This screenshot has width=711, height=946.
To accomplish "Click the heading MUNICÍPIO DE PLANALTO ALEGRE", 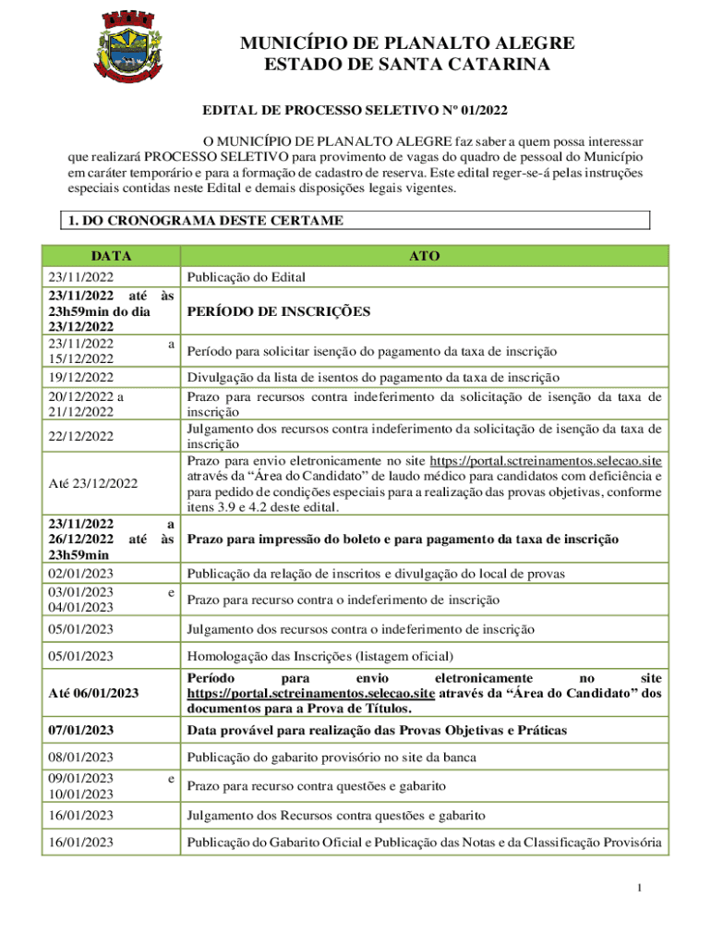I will pos(407,43).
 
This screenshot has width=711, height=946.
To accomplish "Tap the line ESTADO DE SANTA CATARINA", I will pos(407,65).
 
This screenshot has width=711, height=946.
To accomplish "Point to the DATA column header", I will pos(111,256).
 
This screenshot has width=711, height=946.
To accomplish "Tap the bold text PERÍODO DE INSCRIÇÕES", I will pos(278,311).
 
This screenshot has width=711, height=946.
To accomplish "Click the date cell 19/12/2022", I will pos(81,377).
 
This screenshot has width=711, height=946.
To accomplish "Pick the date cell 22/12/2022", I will pos(81,436).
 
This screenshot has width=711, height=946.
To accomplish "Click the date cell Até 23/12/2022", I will pos(91,483).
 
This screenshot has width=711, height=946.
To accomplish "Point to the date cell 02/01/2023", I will pos(81,574).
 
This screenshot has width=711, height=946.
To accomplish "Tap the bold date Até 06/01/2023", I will pos(92,693).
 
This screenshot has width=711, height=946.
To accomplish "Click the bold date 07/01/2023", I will pos(81,731).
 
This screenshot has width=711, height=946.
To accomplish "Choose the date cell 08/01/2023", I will pos(81,758).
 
